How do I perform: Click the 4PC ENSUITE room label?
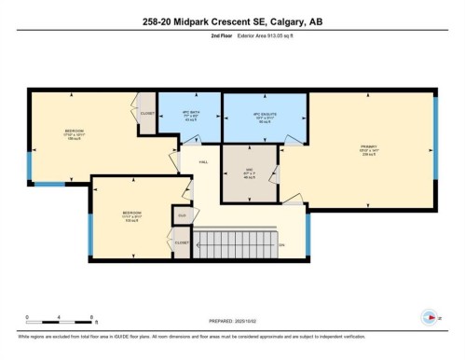tap(266, 118)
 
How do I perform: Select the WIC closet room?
tap(249, 173)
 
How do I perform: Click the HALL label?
tap(202, 161)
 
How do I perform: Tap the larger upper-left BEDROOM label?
tap(75, 133)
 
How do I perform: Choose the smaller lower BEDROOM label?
tap(131, 215)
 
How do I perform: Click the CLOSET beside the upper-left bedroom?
tap(147, 114)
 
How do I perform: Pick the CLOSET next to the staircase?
tap(183, 243)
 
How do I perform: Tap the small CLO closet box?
tap(183, 216)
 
